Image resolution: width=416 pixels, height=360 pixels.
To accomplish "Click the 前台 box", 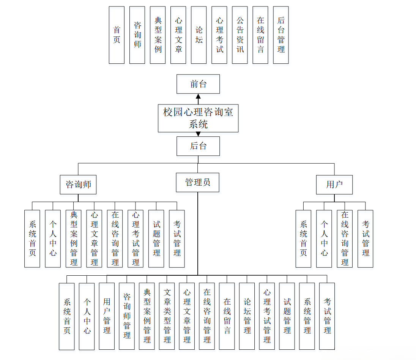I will tap(198, 84).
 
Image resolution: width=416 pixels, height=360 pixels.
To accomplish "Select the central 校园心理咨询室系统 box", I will tap(198, 118).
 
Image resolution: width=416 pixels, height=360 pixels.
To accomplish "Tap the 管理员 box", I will tap(198, 182).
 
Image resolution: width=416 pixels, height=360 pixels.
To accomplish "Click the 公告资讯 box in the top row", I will tap(240, 35).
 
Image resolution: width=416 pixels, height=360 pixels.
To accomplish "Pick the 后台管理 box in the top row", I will tap(281, 35).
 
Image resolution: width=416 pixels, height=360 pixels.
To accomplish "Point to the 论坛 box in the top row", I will tap(199, 35).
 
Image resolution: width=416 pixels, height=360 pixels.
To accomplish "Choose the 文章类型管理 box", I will tap(167, 316).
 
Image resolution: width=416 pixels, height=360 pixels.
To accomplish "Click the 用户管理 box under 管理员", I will tap(107, 316).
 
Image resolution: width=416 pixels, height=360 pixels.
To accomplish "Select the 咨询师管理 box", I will tap(127, 316).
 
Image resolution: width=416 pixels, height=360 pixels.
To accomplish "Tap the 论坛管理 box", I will tap(247, 316).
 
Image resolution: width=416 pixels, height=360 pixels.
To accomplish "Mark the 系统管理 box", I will tap(307, 316).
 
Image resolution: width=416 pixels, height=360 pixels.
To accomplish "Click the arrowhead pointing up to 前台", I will tap(198, 96).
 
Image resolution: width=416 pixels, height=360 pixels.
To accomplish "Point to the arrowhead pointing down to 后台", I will tap(198, 134).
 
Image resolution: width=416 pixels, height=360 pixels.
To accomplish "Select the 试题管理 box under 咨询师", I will tap(156, 238).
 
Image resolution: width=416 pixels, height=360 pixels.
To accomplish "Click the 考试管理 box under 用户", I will tap(366, 238).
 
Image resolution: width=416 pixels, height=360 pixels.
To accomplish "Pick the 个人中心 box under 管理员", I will tap(87, 316).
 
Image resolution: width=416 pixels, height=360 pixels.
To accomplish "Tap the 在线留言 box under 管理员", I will tap(227, 316).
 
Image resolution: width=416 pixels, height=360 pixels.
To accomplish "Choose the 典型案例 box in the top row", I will tap(158, 35).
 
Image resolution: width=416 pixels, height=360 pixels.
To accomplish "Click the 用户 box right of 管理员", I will tap(334, 185).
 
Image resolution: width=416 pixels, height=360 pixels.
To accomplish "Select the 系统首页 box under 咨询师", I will tap(32, 238).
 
